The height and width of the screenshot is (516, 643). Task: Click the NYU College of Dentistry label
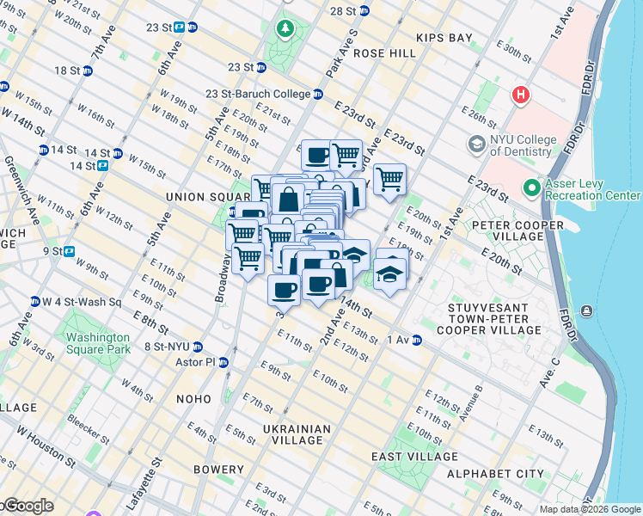[x=519, y=145]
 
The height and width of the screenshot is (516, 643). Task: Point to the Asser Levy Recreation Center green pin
[x=531, y=187]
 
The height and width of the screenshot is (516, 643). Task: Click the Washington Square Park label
[x=95, y=343]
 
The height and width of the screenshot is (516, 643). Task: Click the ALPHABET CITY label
[x=506, y=474]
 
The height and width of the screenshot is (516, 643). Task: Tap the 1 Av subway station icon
[x=416, y=341]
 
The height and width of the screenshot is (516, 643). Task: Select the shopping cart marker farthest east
[x=389, y=180]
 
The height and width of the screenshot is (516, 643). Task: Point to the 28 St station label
[x=343, y=11]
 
